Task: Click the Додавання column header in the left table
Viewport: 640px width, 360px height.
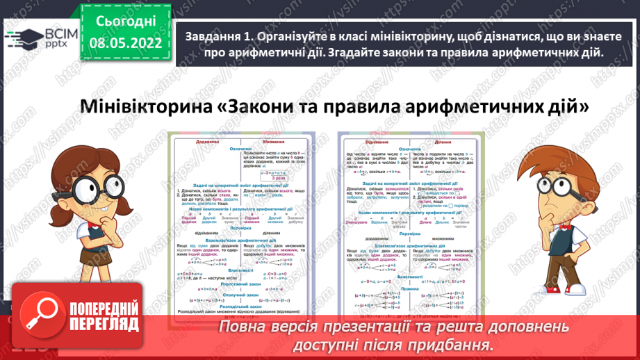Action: [x=208, y=140]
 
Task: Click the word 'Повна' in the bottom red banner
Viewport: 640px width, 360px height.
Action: [x=245, y=327]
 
